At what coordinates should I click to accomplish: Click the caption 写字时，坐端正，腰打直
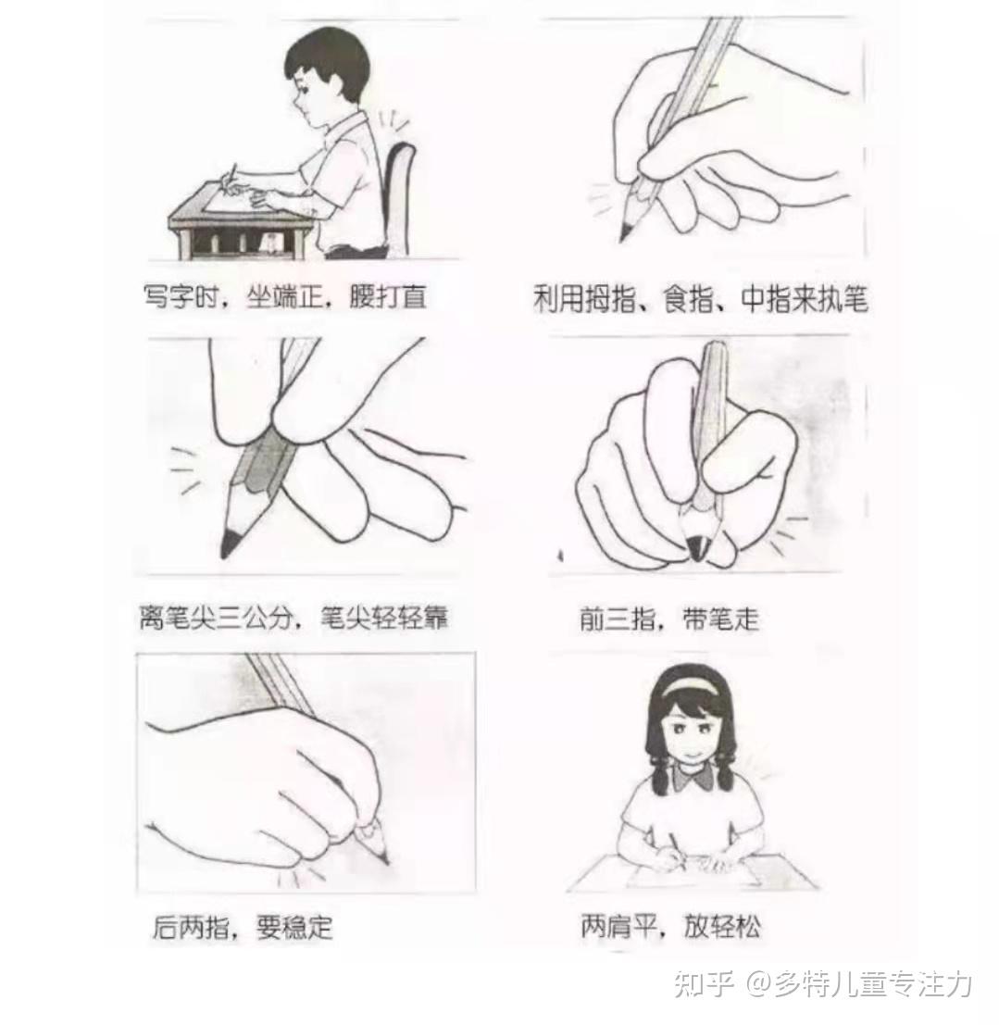pos(285,297)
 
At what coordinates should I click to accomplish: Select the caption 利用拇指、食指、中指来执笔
pos(700,299)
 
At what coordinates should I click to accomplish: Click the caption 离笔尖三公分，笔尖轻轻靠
pos(293,617)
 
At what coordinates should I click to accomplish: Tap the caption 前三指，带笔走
pos(668,619)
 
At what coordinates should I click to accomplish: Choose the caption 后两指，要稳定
pos(243,927)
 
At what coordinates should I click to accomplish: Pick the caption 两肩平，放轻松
pos(671,926)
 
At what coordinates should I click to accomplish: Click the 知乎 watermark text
pos(702,984)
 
